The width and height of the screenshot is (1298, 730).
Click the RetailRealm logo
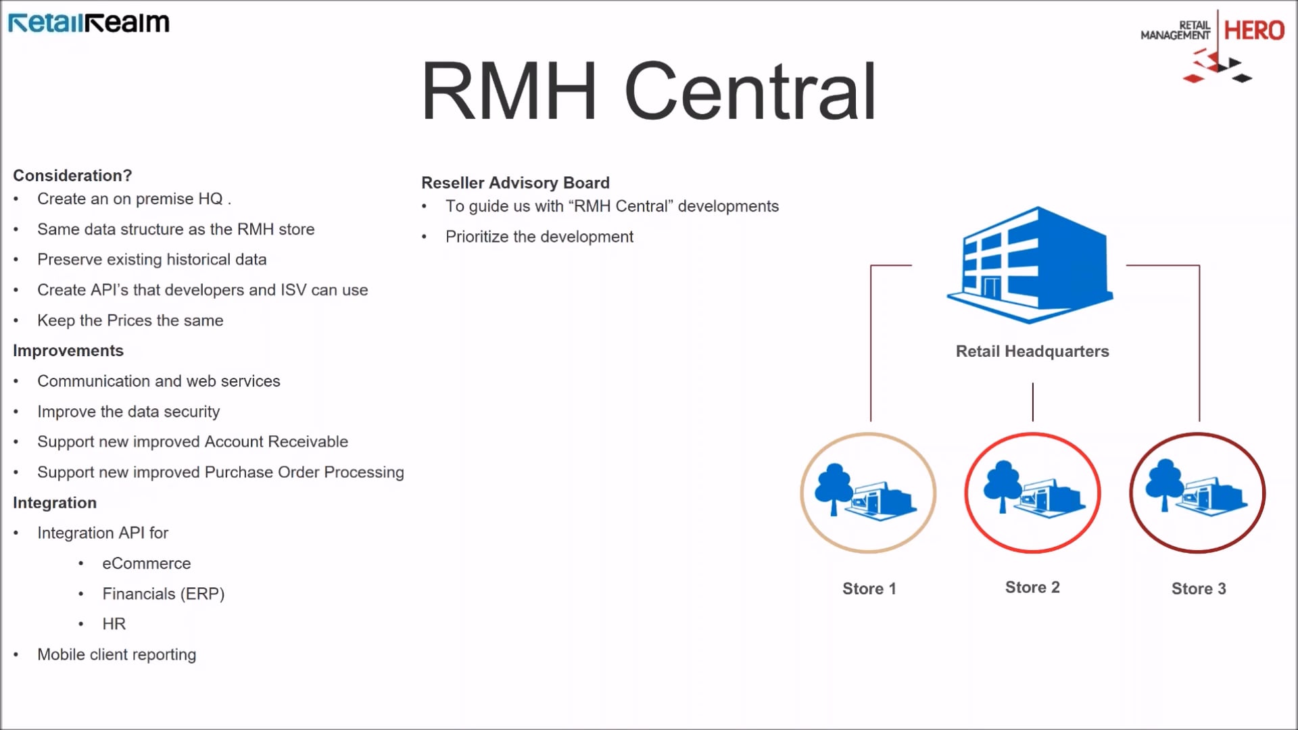point(89,23)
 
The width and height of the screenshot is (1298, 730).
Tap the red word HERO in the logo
point(1254,30)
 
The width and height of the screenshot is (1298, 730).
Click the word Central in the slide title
point(750,91)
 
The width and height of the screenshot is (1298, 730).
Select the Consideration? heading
point(72,176)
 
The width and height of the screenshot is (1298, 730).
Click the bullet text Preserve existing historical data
point(151,260)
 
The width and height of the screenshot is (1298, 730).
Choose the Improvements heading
point(68,351)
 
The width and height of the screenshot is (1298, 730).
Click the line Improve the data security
point(128,412)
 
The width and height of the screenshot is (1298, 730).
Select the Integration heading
point(55,503)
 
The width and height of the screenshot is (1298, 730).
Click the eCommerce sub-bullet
point(146,563)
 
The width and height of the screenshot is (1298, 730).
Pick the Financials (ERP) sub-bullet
point(163,593)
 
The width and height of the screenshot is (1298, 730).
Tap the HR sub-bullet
point(114,624)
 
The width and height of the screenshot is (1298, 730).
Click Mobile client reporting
point(116,654)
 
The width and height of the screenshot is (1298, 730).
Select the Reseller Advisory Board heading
point(515,183)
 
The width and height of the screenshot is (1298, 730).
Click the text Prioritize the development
point(539,237)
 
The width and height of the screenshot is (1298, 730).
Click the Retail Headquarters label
point(1032,351)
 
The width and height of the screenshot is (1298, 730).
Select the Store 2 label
point(1032,587)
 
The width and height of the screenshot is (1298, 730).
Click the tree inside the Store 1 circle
point(834,487)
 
